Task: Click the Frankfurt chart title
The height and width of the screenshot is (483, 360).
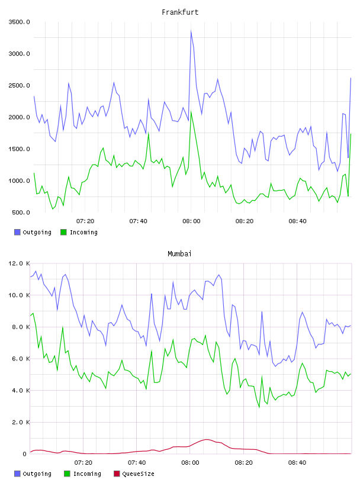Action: pyautogui.click(x=180, y=12)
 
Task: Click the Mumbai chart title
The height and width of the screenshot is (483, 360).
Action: pyautogui.click(x=179, y=254)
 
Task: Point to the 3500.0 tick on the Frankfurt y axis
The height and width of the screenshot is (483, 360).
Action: pyautogui.click(x=20, y=22)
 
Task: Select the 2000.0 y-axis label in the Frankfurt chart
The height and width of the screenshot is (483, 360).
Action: pyautogui.click(x=20, y=117)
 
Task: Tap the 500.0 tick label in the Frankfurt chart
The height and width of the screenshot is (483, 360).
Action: pyautogui.click(x=21, y=212)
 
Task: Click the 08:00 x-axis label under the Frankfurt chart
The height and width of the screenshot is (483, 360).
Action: pyautogui.click(x=191, y=221)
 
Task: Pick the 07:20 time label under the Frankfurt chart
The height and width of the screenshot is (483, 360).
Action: pyautogui.click(x=85, y=221)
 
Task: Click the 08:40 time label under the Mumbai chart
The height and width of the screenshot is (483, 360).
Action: pyautogui.click(x=297, y=463)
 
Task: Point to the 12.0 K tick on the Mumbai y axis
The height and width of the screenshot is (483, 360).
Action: pyautogui.click(x=20, y=263)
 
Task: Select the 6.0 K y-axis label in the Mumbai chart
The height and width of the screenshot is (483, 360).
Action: pyautogui.click(x=21, y=359)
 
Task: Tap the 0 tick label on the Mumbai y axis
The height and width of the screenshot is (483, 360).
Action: pyautogui.click(x=24, y=454)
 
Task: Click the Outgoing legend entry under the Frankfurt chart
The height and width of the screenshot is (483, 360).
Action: pyautogui.click(x=33, y=232)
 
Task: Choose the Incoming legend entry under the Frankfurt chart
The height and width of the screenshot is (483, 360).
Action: pyautogui.click(x=79, y=232)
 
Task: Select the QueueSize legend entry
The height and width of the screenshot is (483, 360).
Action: pyautogui.click(x=134, y=474)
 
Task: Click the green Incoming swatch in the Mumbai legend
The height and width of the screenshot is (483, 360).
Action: pyautogui.click(x=67, y=474)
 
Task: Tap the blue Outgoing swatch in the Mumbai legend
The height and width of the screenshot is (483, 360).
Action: pyautogui.click(x=17, y=474)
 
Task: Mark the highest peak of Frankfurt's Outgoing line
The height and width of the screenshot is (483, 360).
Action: pyautogui.click(x=191, y=31)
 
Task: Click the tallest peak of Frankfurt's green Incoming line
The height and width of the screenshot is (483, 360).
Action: pyautogui.click(x=191, y=111)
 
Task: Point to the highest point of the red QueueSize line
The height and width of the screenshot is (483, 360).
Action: pyautogui.click(x=206, y=439)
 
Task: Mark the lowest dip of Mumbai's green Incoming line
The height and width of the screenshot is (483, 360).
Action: pyautogui.click(x=259, y=407)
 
